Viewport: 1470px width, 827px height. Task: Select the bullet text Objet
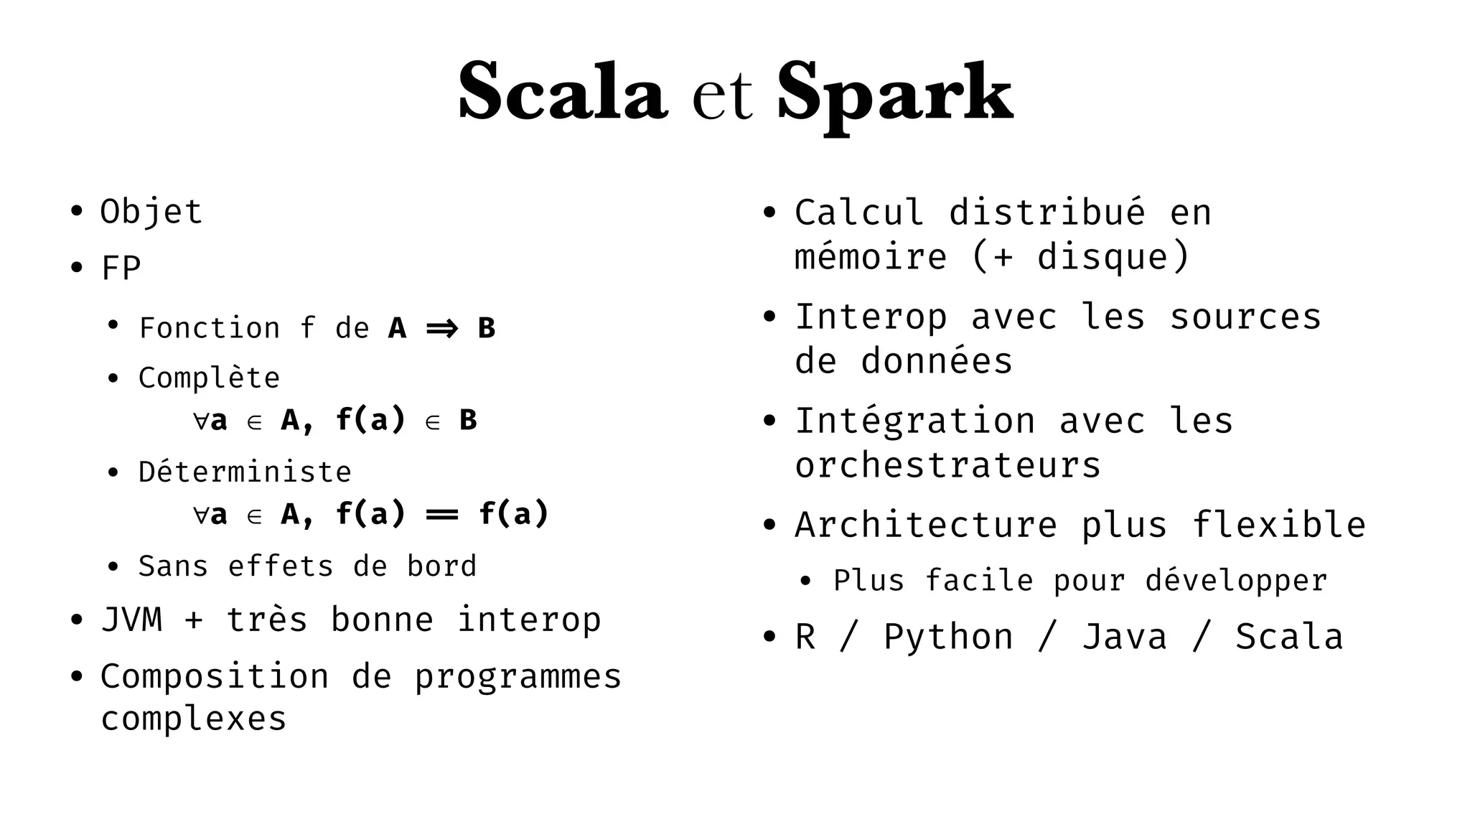pyautogui.click(x=151, y=212)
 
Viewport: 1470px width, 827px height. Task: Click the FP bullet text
pyautogui.click(x=121, y=268)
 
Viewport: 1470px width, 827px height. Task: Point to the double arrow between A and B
pyautogui.click(x=442, y=329)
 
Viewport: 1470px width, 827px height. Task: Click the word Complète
pyautogui.click(x=209, y=378)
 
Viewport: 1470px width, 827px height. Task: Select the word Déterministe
pyautogui.click(x=245, y=472)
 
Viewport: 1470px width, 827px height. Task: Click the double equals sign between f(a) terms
pyautogui.click(x=441, y=515)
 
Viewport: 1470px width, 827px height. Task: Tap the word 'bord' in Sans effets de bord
pyautogui.click(x=441, y=566)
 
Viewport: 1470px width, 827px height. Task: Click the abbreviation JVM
pyautogui.click(x=132, y=620)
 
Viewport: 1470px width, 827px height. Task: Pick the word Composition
pyautogui.click(x=215, y=676)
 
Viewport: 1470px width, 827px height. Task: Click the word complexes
pyautogui.click(x=193, y=719)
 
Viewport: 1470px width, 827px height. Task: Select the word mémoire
pyautogui.click(x=871, y=257)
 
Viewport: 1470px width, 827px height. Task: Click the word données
pyautogui.click(x=937, y=360)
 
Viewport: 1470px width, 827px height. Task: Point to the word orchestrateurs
pyautogui.click(x=947, y=465)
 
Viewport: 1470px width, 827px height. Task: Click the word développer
pyautogui.click(x=1236, y=580)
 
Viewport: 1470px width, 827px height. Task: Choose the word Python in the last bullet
pyautogui.click(x=948, y=637)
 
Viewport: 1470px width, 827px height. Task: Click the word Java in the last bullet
pyautogui.click(x=1124, y=637)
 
